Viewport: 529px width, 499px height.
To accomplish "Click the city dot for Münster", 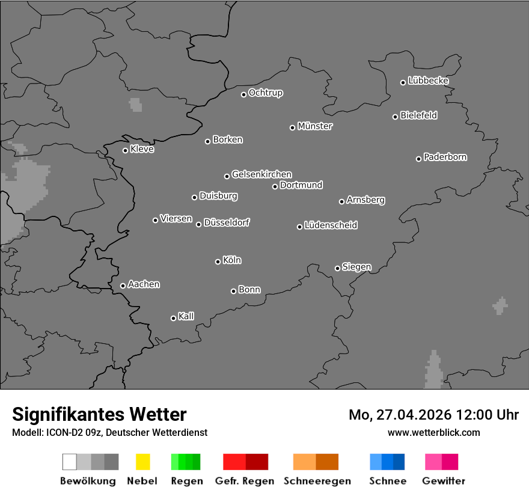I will click(292, 127).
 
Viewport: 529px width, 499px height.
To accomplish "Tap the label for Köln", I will click(232, 260).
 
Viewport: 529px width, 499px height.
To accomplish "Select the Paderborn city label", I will click(445, 157).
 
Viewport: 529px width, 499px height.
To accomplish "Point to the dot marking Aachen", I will click(123, 286).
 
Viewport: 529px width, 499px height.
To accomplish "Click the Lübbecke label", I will click(429, 81).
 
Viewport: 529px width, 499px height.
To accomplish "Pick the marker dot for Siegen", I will click(337, 268).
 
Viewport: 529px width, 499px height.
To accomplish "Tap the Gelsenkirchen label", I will click(262, 174).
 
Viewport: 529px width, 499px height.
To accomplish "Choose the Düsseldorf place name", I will click(227, 222).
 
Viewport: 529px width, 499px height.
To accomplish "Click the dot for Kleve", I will click(125, 150).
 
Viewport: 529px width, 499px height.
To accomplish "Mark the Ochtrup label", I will click(266, 93).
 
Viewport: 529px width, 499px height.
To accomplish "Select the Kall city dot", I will click(173, 318).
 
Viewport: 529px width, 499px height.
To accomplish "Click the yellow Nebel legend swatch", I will click(142, 462).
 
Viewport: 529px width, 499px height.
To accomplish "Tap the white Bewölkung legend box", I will click(70, 462).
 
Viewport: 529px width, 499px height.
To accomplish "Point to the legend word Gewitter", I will click(444, 481).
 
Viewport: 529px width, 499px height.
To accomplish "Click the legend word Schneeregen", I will click(316, 481).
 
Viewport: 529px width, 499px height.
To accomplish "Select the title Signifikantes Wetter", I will click(99, 414).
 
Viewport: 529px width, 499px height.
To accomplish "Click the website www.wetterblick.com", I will click(434, 432).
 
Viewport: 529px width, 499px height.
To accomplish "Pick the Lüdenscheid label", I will click(331, 225).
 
